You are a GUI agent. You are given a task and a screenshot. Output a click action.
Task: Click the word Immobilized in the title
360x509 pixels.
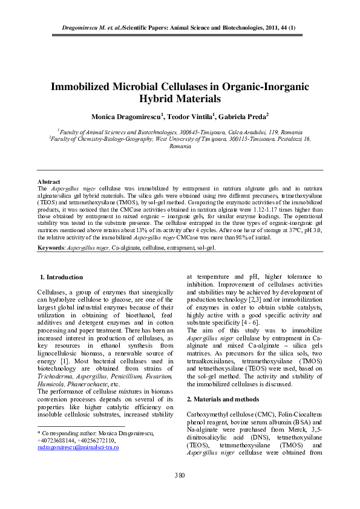tap(88, 86)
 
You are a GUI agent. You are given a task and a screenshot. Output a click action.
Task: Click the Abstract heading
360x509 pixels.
tap(49, 181)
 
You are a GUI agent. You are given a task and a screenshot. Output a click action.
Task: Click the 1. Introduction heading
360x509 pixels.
tap(61, 277)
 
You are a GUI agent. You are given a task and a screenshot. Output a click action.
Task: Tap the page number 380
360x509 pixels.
tap(180, 476)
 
